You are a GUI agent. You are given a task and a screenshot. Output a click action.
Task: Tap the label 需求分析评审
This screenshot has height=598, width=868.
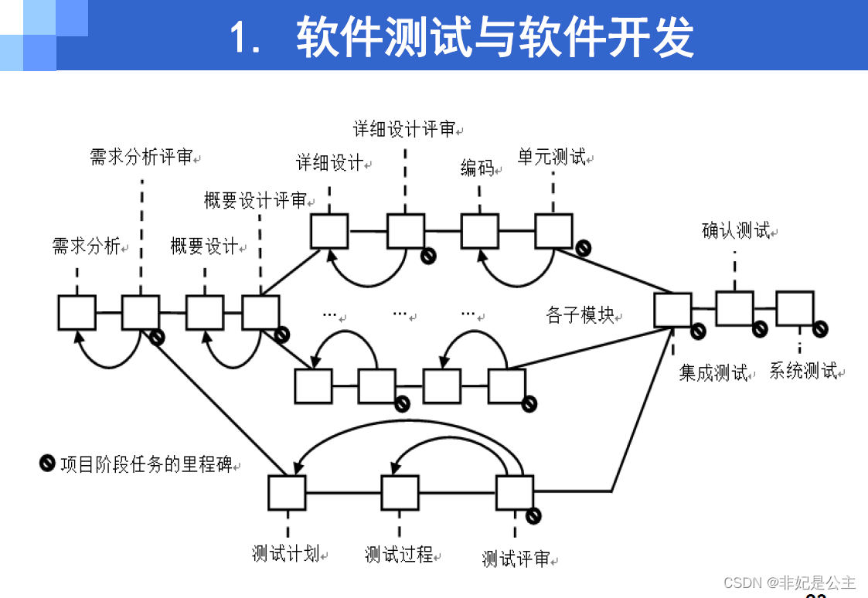click(141, 158)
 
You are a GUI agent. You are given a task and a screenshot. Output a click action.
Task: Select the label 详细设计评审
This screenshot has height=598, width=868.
click(404, 129)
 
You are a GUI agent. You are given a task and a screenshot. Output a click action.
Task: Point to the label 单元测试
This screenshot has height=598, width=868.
click(551, 157)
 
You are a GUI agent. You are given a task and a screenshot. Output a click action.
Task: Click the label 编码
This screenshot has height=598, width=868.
click(477, 168)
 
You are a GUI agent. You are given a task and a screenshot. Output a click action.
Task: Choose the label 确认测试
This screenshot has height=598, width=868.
click(735, 230)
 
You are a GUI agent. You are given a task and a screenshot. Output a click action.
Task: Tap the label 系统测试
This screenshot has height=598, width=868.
click(803, 371)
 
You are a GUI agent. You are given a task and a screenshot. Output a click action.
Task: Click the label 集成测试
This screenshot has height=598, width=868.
click(713, 373)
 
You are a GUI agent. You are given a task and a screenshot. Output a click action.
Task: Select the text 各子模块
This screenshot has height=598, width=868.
click(580, 315)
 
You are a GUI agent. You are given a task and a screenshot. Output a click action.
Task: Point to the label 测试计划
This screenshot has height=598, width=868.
click(285, 554)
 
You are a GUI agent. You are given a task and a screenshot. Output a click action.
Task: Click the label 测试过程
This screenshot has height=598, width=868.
click(399, 555)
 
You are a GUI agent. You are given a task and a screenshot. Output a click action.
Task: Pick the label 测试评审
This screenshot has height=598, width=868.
click(516, 559)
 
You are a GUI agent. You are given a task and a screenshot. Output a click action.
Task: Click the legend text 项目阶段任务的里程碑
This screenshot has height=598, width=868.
click(146, 465)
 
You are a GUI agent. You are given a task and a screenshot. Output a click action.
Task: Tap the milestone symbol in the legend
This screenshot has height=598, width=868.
click(47, 464)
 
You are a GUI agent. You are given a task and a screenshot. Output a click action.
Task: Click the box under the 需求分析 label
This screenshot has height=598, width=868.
click(77, 313)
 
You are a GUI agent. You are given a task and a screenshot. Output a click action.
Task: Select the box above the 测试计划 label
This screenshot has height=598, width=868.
click(287, 492)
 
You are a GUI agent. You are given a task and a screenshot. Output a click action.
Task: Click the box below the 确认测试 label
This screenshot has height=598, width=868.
click(734, 308)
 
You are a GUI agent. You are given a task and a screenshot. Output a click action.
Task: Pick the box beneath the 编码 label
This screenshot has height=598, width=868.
click(480, 230)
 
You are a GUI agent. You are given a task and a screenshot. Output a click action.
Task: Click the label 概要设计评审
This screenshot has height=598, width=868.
click(255, 201)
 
